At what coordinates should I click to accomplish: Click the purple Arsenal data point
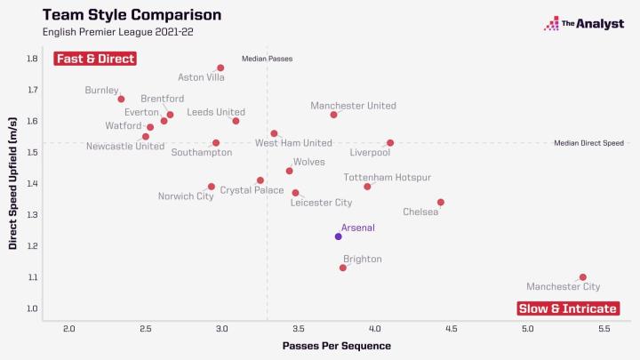pos(338,236)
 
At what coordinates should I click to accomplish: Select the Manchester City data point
pos(582,277)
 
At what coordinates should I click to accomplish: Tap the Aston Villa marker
pos(220,68)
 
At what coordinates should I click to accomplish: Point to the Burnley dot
pos(121,99)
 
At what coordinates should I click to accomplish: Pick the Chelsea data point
pos(440,203)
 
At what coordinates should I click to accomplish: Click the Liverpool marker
pos(390,142)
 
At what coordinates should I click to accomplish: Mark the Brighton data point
pos(343,268)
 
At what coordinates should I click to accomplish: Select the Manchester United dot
pos(333,115)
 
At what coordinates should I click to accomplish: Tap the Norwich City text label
pos(186,196)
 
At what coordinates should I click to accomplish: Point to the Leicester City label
pos(321,204)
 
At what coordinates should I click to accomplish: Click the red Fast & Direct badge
pos(95,59)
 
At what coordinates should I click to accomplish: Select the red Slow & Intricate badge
pos(568,308)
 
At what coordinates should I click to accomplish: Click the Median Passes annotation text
pos(267,59)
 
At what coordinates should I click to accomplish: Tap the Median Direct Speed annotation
pos(588,142)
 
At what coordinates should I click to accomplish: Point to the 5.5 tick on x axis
pos(604,328)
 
